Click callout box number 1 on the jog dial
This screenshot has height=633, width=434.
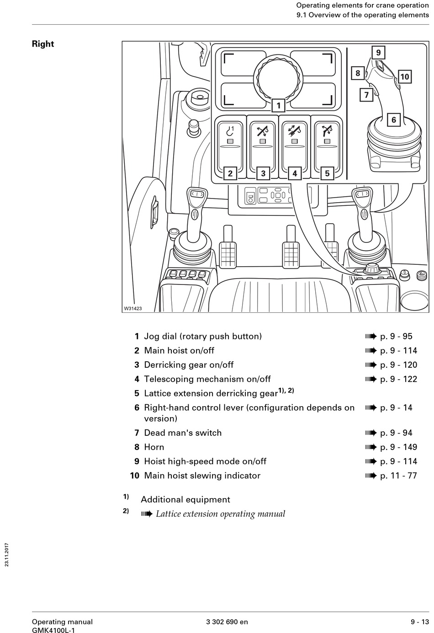pos(278,106)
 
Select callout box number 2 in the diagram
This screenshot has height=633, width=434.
pos(230,173)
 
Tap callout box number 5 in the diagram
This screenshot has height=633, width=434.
pos(327,173)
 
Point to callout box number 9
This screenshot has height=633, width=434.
pos(378,53)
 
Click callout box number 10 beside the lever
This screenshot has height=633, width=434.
pos(405,76)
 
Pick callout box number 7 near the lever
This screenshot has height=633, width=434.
pos(366,95)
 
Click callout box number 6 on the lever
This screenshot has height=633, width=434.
pos(394,120)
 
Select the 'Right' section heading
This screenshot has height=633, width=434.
pos(43,44)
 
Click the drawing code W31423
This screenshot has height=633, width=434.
pos(133,309)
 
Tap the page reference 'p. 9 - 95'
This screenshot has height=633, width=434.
pos(396,336)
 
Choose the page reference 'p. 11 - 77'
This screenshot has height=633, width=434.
pos(398,476)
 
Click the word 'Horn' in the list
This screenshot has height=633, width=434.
pos(154,447)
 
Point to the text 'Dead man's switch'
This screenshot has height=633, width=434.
pos(183,433)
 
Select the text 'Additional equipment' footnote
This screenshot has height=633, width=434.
pos(185,499)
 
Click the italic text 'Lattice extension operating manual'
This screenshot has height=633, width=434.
pos(220,514)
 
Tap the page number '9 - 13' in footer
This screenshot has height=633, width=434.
pos(419,622)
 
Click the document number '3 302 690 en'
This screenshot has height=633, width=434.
pos(227,622)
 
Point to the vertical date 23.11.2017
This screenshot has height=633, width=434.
pos(7,554)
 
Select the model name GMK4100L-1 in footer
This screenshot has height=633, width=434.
pos(53,630)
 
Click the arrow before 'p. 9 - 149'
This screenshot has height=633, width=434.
pos(370,447)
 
